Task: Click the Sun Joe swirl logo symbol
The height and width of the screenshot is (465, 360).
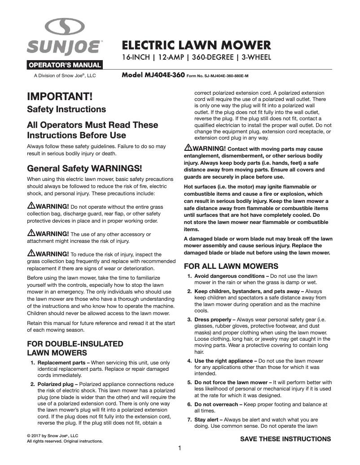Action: click(65, 28)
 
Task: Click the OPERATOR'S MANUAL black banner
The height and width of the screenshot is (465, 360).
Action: click(65, 65)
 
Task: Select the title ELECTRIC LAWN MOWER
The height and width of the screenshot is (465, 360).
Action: click(197, 45)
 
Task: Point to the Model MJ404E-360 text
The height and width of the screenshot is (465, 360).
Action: click(153, 75)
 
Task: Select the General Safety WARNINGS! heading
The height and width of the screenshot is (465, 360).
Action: click(84, 169)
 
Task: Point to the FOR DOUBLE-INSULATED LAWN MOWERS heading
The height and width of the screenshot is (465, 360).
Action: click(75, 348)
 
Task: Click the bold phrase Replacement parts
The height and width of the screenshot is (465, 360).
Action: click(63, 363)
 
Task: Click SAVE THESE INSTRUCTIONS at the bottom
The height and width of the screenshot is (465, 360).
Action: click(285, 439)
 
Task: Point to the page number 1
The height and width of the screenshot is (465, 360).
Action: click(180, 448)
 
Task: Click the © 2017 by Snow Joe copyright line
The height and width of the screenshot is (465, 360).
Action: click(53, 435)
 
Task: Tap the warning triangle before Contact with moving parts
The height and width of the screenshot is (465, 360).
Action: click(189, 148)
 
